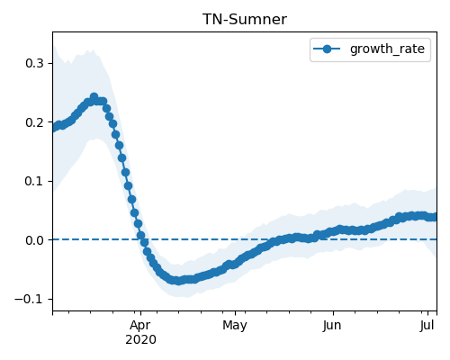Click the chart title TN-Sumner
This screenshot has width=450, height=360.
(x=245, y=20)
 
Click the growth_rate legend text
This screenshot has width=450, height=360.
(x=387, y=49)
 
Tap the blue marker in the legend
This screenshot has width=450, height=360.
(x=327, y=49)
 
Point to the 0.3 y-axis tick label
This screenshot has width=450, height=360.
(x=34, y=63)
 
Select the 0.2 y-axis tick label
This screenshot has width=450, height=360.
(x=34, y=122)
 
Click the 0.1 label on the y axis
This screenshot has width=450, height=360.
(x=34, y=181)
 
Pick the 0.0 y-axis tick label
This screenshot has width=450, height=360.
(x=34, y=240)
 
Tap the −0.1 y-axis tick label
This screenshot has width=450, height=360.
(x=29, y=299)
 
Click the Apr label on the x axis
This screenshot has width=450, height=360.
(x=140, y=326)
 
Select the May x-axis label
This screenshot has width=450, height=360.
(x=235, y=326)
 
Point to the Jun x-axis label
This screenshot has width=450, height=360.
(x=332, y=326)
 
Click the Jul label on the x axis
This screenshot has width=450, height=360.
(x=427, y=326)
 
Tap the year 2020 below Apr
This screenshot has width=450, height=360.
(x=140, y=340)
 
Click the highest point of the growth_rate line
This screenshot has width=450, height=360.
(x=94, y=97)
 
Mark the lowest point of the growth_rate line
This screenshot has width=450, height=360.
(x=179, y=281)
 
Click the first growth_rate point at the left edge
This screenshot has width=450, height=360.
(x=55, y=127)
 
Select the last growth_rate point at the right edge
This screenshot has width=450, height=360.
(x=435, y=217)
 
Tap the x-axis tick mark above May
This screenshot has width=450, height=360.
(x=235, y=313)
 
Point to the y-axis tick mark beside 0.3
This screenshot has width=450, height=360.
(x=50, y=63)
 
